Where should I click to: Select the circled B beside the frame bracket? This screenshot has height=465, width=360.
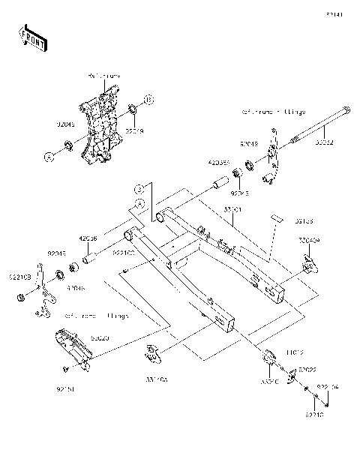coord(148,99)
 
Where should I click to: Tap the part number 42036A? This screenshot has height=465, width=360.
coord(218,161)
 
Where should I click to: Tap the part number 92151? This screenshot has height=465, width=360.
coord(65,388)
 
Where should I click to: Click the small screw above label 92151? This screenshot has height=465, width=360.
coord(67,370)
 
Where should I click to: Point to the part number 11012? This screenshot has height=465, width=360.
coord(293,351)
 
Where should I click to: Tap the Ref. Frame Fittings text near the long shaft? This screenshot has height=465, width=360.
coord(273,111)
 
